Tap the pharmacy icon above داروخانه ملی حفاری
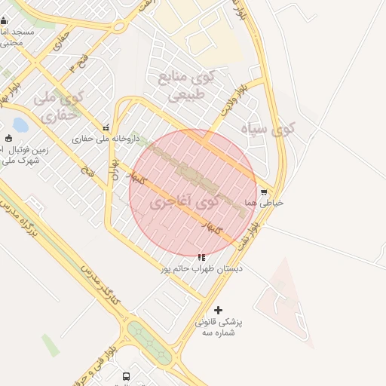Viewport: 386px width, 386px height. click(x=106, y=127)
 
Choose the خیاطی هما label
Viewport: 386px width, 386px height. click(x=270, y=203)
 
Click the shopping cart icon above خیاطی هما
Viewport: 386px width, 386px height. click(x=263, y=192)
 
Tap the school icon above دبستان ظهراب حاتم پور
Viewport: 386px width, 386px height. click(x=201, y=257)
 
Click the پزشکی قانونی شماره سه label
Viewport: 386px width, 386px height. click(x=219, y=326)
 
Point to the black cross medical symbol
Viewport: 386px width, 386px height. click(x=219, y=310)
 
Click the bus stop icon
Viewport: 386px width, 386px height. click(x=126, y=376)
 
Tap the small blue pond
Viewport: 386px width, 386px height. click(x=20, y=124)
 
